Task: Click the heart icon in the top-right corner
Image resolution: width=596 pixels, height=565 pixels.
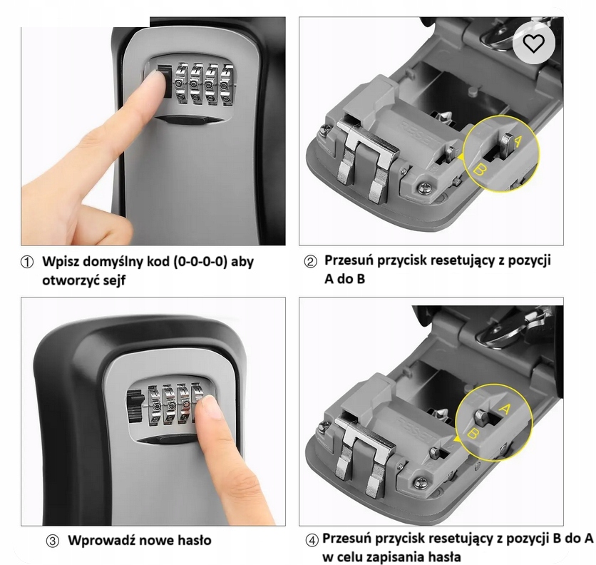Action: coord(534,44)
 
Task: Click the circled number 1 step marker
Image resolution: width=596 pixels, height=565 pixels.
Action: coord(26,262)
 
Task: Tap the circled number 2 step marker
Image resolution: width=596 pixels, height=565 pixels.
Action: coord(310,262)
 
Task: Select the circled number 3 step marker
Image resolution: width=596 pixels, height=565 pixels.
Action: coord(53,541)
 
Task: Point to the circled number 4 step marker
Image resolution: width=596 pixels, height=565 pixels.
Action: coord(312,540)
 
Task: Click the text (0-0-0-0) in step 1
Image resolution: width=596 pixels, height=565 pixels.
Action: coord(200,262)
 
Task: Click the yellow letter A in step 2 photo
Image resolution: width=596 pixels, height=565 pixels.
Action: coord(518,141)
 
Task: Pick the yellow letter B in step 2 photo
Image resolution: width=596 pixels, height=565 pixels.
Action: coord(479,169)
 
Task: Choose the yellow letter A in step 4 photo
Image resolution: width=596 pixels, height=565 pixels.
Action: coord(505,409)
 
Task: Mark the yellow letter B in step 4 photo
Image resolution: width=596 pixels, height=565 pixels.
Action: coord(473,433)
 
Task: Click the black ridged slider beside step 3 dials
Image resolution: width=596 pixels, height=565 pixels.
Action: coord(135,406)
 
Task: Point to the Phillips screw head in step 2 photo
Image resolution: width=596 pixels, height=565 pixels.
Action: coord(424,188)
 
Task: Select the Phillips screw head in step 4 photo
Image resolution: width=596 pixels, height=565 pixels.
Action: coord(421,482)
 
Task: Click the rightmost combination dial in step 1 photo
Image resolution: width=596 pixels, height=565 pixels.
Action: coord(227,85)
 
